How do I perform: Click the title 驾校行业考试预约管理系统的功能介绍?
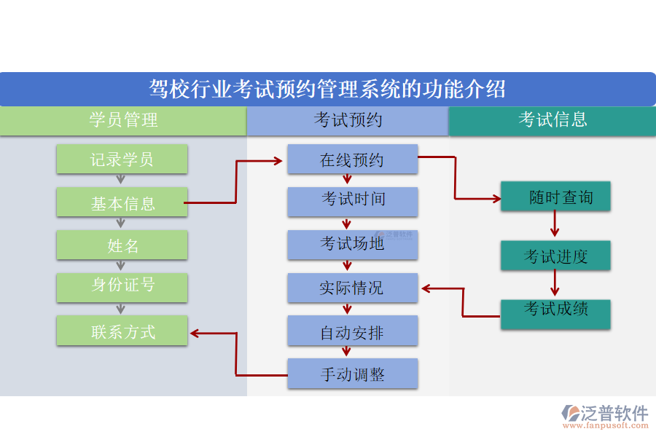[327, 90]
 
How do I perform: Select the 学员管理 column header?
[123, 121]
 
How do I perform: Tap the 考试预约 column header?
[348, 121]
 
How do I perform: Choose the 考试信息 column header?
[552, 121]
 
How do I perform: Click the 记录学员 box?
[122, 160]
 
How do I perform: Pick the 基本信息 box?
[122, 203]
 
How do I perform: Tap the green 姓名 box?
[122, 245]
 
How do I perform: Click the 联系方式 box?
[122, 331]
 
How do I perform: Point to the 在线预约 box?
[352, 160]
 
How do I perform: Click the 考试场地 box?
[352, 245]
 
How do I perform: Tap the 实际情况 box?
[352, 288]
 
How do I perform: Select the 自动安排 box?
[352, 331]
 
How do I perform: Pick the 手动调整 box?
[352, 374]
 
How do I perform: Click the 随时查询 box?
[555, 197]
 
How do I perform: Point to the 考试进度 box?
[555, 256]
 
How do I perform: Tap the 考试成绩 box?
[555, 313]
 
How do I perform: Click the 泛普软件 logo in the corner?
[604, 415]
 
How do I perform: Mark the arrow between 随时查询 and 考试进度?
[555, 225]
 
